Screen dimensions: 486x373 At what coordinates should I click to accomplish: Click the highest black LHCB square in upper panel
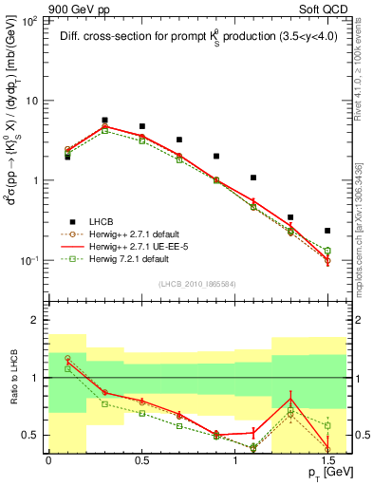104,121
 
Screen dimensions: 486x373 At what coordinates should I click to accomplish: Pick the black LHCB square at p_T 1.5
327,231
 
